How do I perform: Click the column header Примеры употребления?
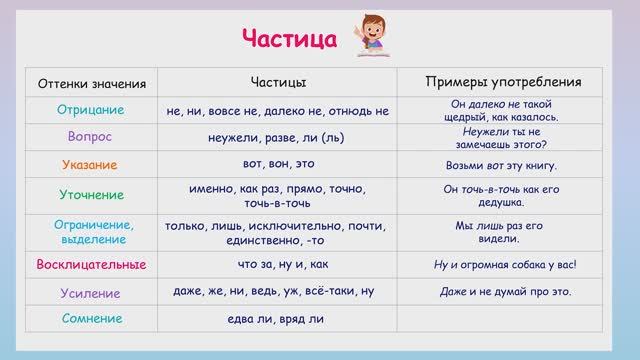click(x=500, y=81)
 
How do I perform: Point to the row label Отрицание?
click(x=91, y=110)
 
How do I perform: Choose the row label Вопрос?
click(x=91, y=136)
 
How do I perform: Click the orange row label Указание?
click(x=91, y=164)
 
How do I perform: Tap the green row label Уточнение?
click(x=91, y=194)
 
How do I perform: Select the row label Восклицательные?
click(x=91, y=265)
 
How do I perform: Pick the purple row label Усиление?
click(x=91, y=293)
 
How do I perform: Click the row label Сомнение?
click(x=91, y=319)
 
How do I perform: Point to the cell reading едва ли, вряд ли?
click(x=277, y=320)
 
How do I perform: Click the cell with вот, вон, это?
click(x=277, y=164)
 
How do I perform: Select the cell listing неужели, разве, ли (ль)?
click(x=277, y=137)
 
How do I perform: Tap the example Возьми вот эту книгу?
click(x=500, y=165)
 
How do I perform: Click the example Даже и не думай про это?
click(x=500, y=293)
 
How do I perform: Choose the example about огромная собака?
click(x=500, y=266)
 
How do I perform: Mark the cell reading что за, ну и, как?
click(x=277, y=265)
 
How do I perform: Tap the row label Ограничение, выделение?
click(x=91, y=231)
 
